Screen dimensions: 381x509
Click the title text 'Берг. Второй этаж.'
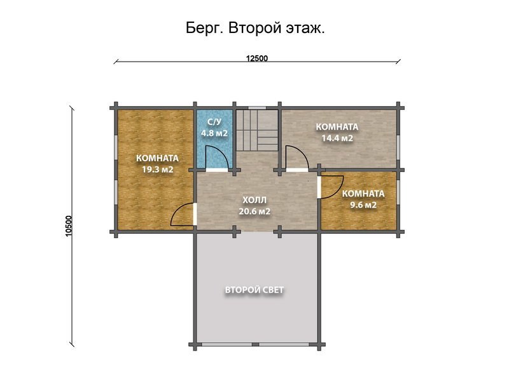255,29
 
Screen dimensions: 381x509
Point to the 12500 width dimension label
257,58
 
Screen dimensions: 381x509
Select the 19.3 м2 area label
157,170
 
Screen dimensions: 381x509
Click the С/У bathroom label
214,123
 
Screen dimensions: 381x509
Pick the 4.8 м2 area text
214,133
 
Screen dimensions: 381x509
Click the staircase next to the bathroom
258,130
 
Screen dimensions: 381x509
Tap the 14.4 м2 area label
337,137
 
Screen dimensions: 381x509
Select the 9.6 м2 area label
363,204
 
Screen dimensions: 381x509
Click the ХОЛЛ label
255,199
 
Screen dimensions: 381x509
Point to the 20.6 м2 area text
255,211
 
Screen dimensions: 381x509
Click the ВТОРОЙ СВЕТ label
254,290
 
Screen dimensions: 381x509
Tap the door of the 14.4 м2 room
295,157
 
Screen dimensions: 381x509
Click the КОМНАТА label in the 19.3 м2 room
157,158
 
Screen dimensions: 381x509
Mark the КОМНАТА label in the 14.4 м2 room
337,126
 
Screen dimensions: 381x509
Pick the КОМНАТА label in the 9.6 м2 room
363,194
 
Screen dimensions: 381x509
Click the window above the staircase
258,107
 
